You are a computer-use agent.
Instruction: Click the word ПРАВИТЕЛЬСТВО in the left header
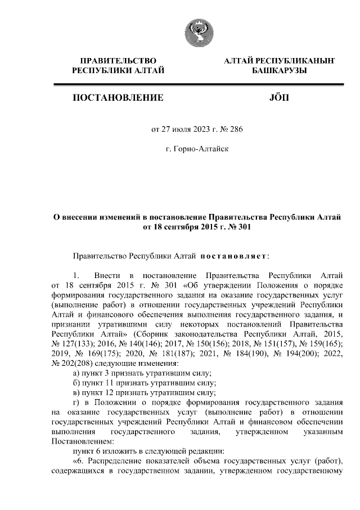(118, 60)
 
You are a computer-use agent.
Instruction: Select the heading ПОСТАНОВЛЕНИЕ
(119, 98)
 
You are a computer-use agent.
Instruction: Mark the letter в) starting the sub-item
(78, 393)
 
